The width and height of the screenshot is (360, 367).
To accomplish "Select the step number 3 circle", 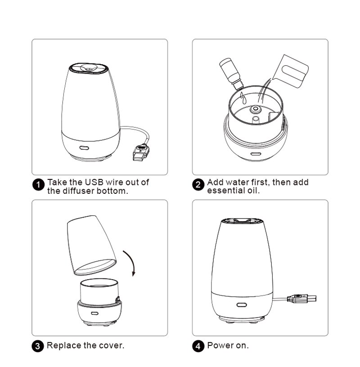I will click(39, 346).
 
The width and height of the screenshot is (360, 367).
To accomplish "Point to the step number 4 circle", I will click(198, 346).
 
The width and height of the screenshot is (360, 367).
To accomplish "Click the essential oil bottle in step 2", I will click(231, 72).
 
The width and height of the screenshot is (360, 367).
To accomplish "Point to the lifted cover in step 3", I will click(92, 245).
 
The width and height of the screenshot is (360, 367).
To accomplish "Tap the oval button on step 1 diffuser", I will click(84, 147).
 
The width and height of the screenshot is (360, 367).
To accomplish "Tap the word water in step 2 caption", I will click(237, 182).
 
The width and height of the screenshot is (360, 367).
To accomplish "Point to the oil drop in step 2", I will click(242, 96).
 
